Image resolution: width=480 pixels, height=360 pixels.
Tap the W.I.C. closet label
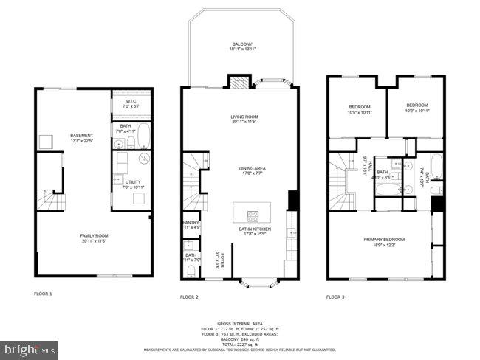point(133,104)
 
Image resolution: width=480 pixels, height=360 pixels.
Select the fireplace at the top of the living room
point(240,81)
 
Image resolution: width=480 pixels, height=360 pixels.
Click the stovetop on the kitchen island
point(253,217)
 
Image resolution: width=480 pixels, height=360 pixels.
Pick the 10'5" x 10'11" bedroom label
point(359,108)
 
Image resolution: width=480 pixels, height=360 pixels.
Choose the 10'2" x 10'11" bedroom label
point(417,108)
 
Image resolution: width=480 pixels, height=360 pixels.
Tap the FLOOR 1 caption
point(44,294)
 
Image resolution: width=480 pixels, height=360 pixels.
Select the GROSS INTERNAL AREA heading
point(240,323)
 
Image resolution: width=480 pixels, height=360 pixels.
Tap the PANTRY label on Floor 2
point(191,224)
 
